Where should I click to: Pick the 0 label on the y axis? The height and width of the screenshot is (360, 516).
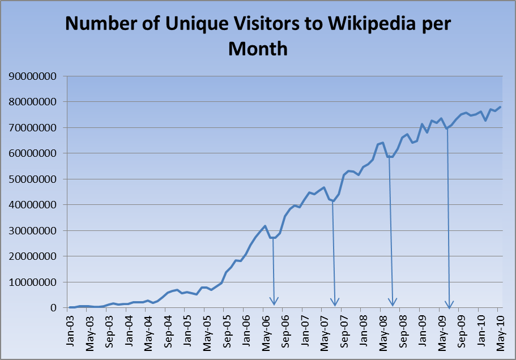point(57,308)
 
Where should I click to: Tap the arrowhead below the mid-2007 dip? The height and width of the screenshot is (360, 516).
point(335,302)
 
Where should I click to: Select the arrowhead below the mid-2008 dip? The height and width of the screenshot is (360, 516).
point(393,302)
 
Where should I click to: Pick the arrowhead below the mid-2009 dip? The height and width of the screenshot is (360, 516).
point(450,305)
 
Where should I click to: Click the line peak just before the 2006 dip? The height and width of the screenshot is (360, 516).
point(265,226)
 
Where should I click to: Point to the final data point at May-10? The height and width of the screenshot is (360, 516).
point(500,107)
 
